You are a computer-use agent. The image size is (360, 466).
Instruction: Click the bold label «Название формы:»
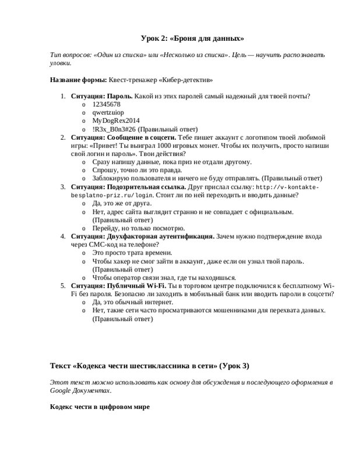tap(77, 79)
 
